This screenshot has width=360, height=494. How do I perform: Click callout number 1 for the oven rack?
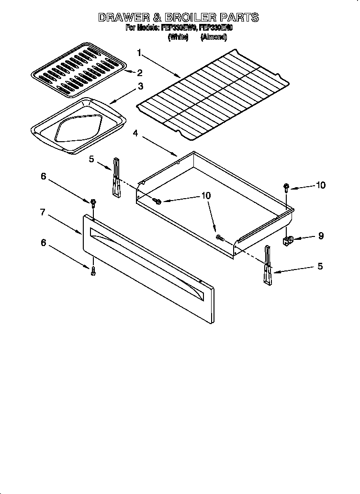139,53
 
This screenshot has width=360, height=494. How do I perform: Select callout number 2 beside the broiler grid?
140,73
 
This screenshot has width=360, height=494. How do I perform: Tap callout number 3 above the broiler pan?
140,87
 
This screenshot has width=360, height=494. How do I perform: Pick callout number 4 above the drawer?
136,134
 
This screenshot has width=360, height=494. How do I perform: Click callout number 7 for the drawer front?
43,212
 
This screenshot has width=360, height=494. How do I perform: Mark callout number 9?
321,236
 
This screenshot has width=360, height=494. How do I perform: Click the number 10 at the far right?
320,185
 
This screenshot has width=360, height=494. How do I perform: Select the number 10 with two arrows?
206,195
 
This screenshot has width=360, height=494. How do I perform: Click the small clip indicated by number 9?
288,239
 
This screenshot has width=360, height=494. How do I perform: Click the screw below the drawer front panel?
93,271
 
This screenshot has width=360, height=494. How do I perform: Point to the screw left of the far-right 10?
286,187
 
